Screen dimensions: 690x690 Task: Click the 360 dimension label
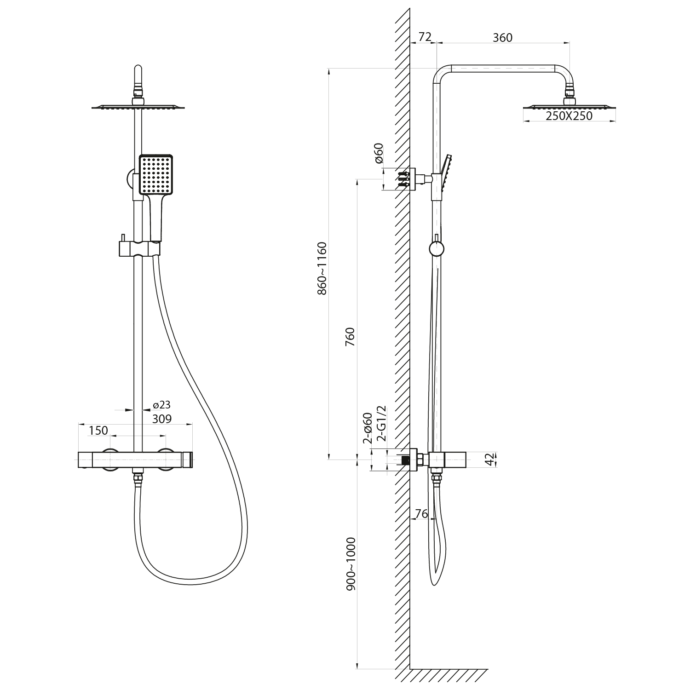502,38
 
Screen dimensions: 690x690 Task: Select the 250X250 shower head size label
569,116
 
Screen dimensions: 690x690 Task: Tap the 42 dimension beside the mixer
490,459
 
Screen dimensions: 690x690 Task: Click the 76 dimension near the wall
421,514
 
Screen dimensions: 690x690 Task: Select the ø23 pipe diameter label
162,405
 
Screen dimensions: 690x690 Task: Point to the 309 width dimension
161,419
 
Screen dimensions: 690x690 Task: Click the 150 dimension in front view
98,431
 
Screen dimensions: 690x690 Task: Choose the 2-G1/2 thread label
381,424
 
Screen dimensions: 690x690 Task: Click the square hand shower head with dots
156,175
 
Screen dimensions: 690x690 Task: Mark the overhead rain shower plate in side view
569,107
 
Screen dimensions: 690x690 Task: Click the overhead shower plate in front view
138,108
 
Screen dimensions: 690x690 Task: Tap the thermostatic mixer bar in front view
135,460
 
